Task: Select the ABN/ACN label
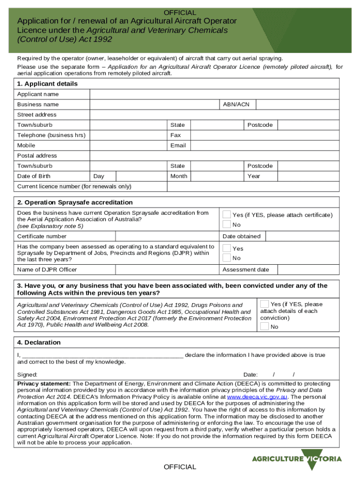coord(236,104)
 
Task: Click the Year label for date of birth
coord(254,176)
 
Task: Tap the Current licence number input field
coord(253,187)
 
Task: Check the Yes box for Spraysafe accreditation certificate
coord(227,214)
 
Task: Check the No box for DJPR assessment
coord(227,258)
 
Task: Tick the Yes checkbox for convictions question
coord(265,304)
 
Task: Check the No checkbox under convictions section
coord(265,327)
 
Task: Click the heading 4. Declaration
coord(39,342)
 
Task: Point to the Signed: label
coord(27,375)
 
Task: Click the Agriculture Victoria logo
coord(297,459)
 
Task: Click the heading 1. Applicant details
coord(47,84)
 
